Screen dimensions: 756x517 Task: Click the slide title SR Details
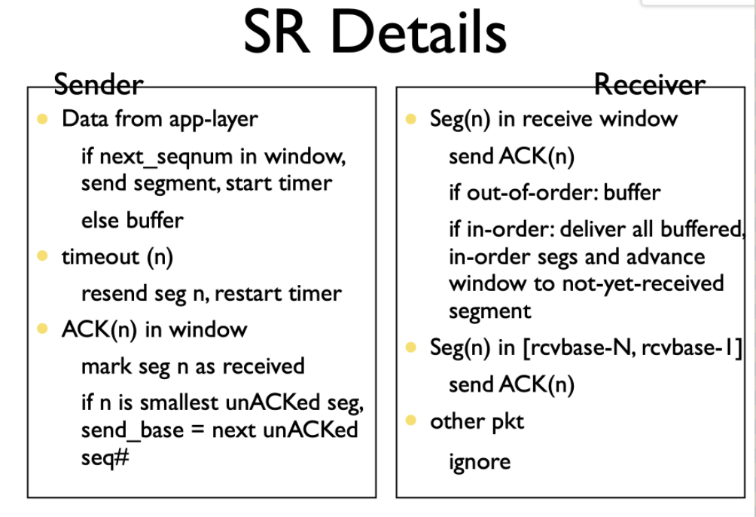pos(375,32)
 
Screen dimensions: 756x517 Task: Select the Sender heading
pos(99,84)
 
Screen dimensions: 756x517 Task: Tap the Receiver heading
pos(649,84)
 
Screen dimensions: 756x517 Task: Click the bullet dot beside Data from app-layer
pos(42,119)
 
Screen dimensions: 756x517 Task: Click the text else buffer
pos(132,220)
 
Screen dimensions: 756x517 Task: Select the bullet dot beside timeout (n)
pos(42,255)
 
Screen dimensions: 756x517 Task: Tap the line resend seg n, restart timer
pos(211,293)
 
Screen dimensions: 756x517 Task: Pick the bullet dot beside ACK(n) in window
pos(42,329)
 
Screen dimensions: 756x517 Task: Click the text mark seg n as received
pos(193,366)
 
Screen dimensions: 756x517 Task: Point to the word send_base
pos(133,430)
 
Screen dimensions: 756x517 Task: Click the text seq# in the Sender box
pos(105,457)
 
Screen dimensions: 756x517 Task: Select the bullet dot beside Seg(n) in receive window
pos(411,119)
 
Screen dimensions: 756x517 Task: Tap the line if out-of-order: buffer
pos(554,193)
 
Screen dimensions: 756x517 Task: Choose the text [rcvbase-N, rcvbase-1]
pos(633,347)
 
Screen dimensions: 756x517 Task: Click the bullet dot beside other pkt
pos(411,421)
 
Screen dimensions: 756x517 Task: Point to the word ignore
pos(480,461)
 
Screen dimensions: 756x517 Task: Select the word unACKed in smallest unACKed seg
pos(273,402)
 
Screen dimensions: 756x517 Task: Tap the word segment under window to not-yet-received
pos(490,311)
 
